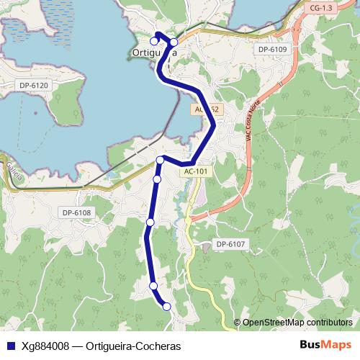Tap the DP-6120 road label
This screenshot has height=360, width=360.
[34, 86]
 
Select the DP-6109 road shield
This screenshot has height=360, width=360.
[271, 49]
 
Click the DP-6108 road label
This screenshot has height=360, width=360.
[76, 212]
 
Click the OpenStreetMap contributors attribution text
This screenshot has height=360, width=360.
[297, 322]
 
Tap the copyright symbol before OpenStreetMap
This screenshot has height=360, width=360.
[238, 322]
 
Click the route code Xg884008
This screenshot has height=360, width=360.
[45, 345]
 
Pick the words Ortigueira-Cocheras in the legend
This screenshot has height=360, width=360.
[132, 345]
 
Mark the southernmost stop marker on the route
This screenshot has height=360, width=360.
[167, 307]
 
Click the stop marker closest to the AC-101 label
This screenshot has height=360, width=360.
[161, 161]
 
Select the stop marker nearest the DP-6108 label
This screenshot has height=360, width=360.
[150, 222]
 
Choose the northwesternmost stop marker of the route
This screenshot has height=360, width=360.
[154, 40]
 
